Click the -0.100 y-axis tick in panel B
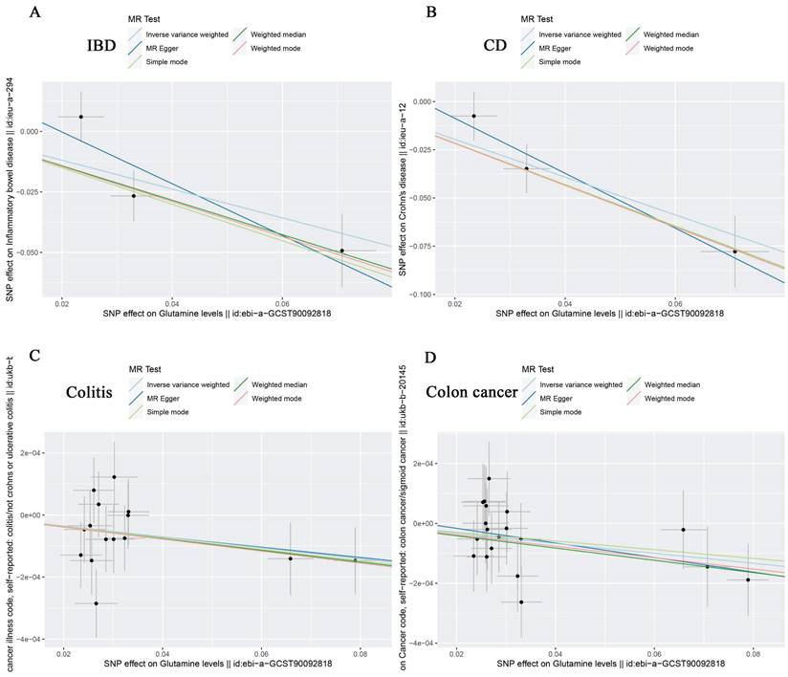click(419, 295)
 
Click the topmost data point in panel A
click(81, 117)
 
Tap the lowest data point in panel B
click(735, 251)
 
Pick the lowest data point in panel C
click(97, 603)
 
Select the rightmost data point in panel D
click(749, 579)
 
